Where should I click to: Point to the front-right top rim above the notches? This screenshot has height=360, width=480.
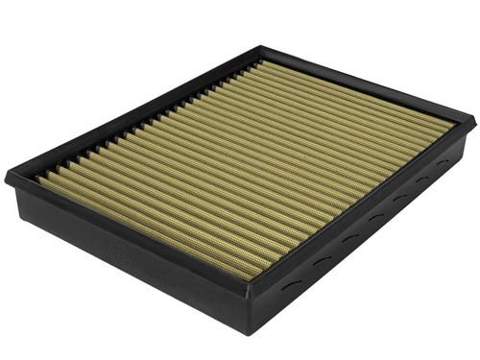(x=365, y=206)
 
